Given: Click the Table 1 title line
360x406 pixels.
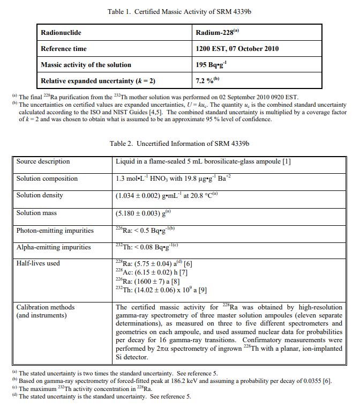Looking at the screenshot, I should click(179, 11).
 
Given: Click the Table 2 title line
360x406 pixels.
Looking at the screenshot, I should click(179, 144).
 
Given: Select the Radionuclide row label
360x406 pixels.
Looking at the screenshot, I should click(61, 33).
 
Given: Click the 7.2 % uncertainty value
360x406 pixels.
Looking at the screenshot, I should click(204, 81).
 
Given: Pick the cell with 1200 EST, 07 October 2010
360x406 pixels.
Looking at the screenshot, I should click(237, 49).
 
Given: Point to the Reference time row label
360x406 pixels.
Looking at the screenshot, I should click(64, 49).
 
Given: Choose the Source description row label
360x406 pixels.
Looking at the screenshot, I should click(43, 161).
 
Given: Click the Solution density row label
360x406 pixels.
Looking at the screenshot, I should click(40, 195).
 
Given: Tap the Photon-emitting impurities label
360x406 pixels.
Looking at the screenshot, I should click(55, 231).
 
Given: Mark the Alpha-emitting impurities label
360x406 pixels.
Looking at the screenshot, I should click(54, 247).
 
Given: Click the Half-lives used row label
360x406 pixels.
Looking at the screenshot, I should click(38, 263).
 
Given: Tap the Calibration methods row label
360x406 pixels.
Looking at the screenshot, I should click(46, 307).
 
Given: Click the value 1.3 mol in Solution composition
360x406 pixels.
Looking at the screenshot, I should click(126, 179).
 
